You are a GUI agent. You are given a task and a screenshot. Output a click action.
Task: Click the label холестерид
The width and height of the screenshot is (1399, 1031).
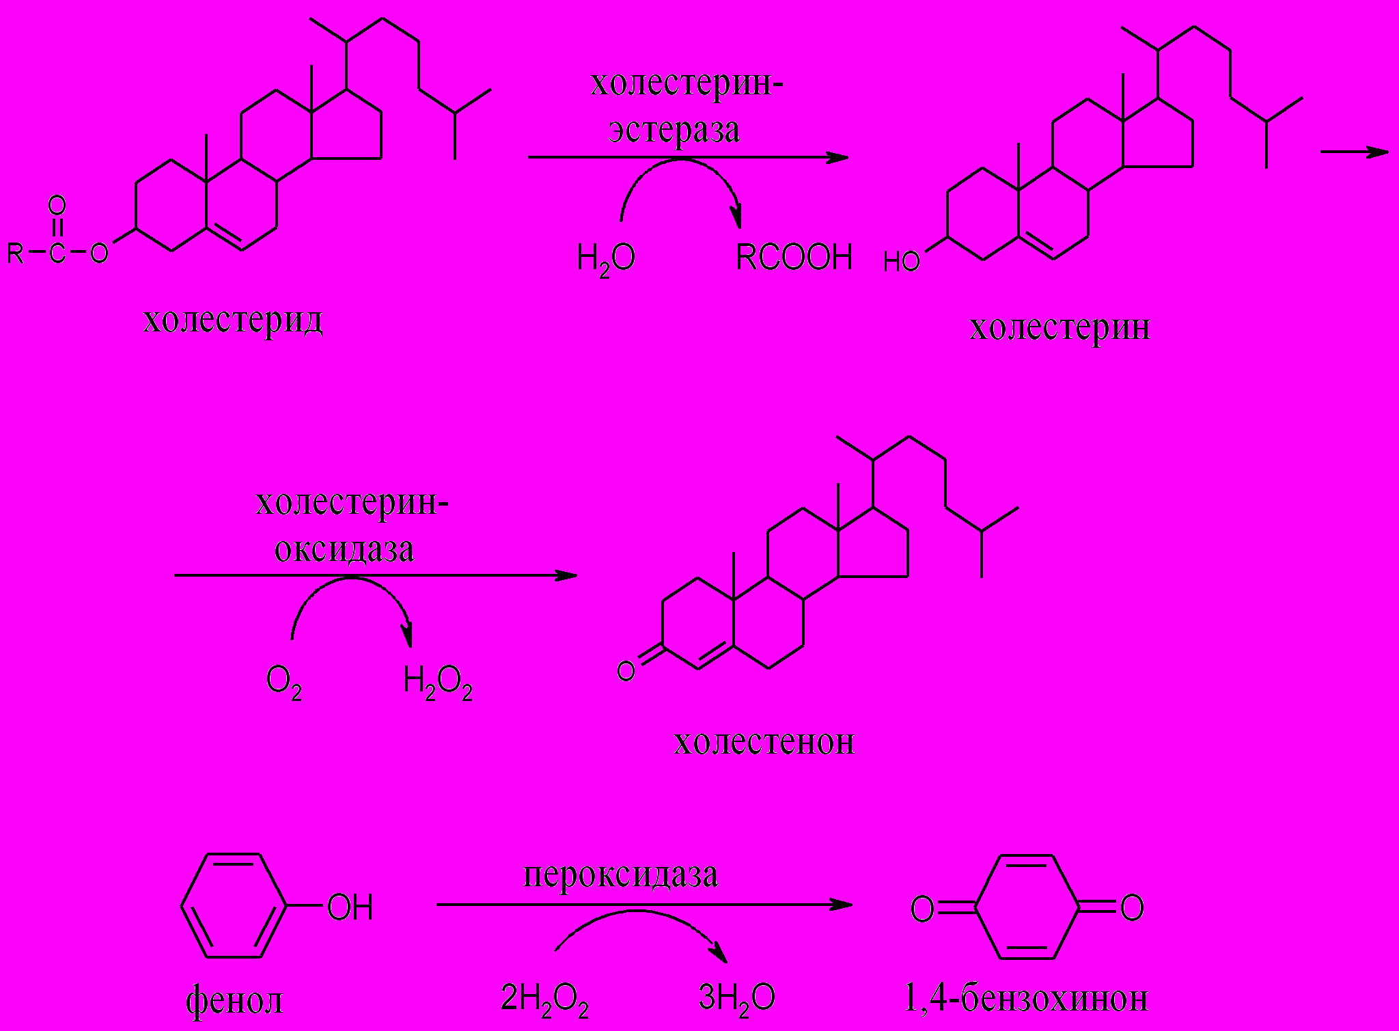[x=233, y=320]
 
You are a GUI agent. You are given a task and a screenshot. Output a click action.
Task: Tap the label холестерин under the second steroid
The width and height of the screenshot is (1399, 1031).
[x=1059, y=327]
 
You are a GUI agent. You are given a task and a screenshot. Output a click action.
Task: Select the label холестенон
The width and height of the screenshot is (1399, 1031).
[x=764, y=741]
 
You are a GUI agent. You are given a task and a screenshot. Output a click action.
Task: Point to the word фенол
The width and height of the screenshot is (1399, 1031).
[x=234, y=1000]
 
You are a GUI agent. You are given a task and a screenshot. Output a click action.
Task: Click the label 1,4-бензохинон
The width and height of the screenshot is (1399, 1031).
[x=1025, y=998]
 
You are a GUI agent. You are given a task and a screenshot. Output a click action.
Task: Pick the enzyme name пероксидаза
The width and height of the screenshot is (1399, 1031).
[x=620, y=875]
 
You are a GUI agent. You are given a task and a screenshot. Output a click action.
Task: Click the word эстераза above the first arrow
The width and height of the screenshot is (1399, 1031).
[x=674, y=130]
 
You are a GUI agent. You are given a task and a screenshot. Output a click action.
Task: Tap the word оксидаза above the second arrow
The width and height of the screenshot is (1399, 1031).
[x=344, y=549]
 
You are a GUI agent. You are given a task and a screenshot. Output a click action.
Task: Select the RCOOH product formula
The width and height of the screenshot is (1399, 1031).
[x=794, y=258]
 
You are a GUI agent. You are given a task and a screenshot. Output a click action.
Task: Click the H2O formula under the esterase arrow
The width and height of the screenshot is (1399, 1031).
[x=606, y=259]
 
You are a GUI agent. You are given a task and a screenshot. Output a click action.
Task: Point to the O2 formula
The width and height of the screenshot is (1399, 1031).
[x=283, y=681]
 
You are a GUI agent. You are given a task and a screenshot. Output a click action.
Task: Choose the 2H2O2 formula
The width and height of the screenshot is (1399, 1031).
[x=544, y=1000]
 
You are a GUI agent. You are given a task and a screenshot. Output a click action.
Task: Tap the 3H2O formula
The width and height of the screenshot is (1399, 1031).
[x=736, y=998]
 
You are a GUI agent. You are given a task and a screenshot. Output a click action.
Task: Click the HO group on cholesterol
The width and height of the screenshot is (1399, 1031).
[x=901, y=262]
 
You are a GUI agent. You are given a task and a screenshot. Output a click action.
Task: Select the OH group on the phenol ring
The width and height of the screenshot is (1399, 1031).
[x=350, y=907]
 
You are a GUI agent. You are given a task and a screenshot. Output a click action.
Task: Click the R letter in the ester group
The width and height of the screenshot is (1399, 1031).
[x=15, y=253]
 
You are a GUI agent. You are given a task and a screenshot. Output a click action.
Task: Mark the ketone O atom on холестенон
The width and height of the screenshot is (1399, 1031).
[x=626, y=671]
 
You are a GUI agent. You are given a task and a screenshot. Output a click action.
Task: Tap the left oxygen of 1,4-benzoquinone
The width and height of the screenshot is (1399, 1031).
[x=922, y=909]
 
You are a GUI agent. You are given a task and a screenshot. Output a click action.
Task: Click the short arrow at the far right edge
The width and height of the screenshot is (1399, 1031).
[x=1354, y=152]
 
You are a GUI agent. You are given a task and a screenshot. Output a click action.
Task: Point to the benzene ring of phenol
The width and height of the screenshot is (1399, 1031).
[x=234, y=905]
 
